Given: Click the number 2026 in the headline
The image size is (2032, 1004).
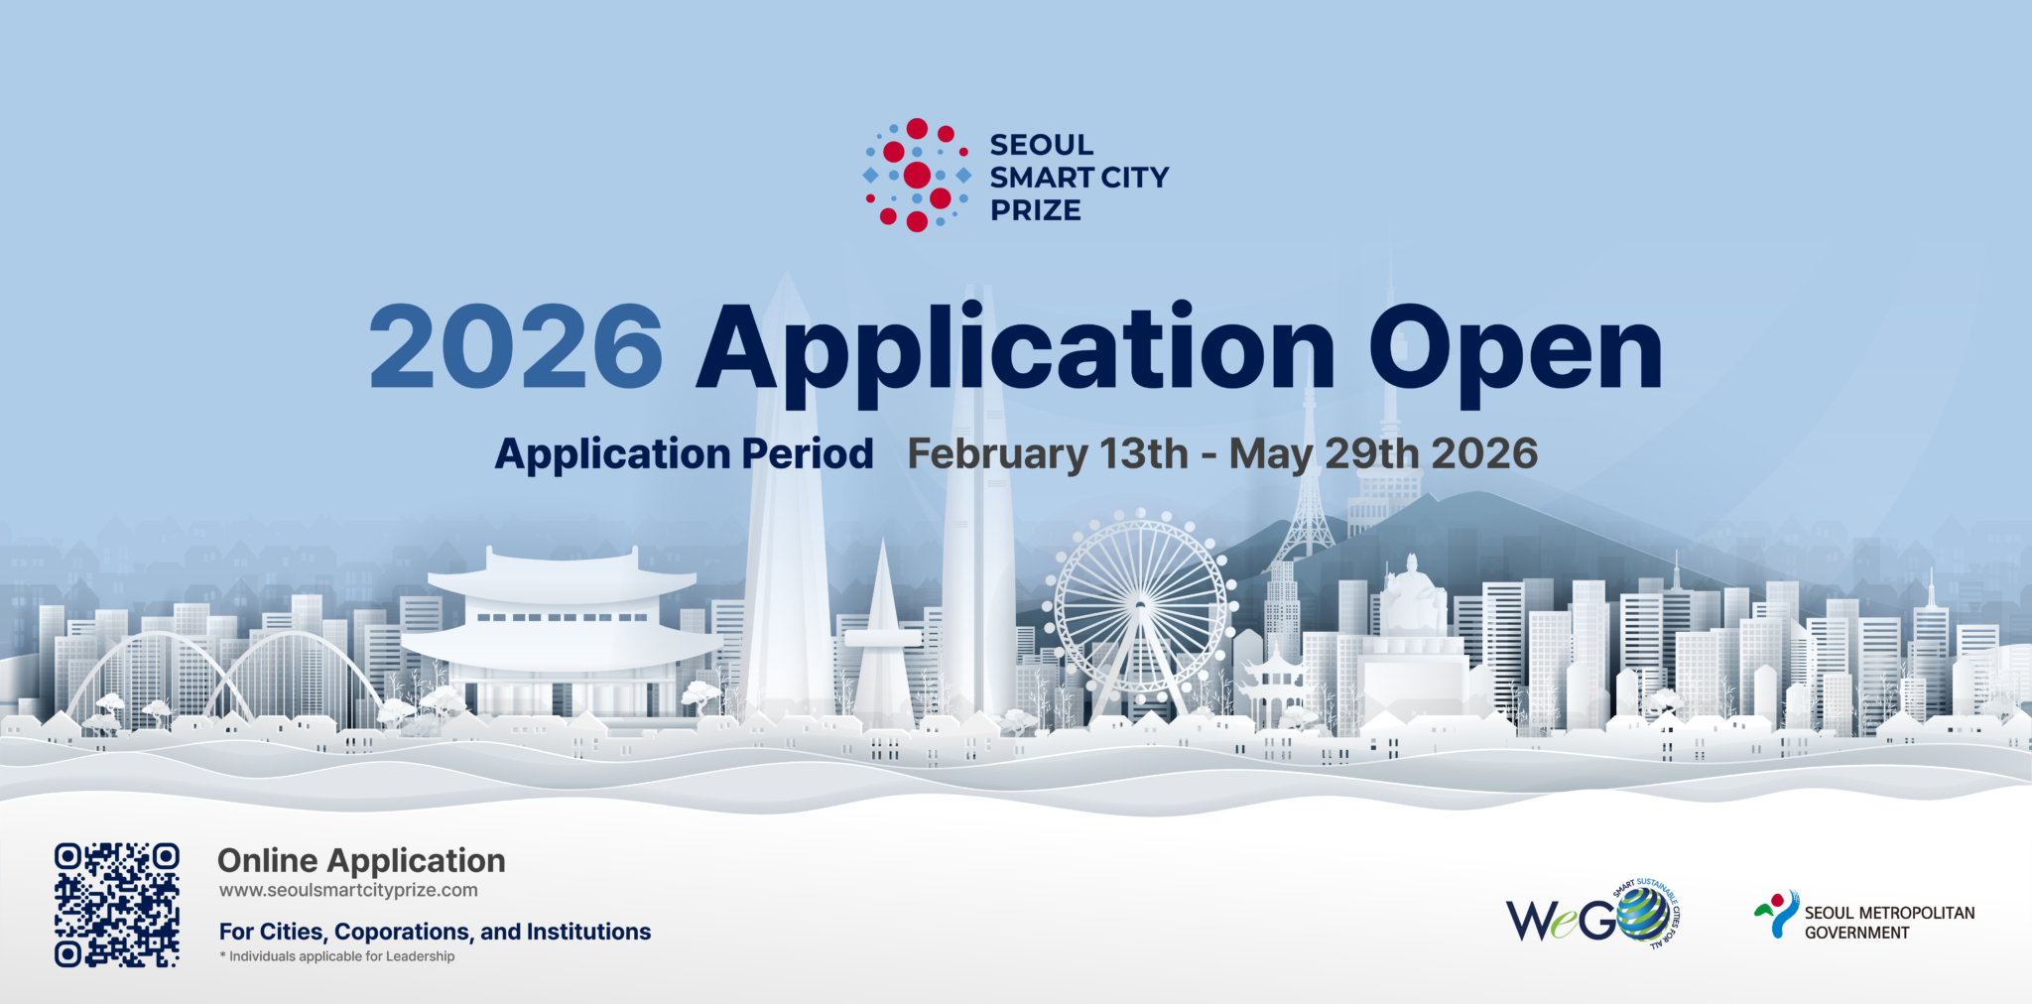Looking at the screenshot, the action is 516,346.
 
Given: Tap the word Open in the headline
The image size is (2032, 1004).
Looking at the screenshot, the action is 1515,352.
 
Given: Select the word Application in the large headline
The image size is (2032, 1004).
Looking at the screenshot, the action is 1016,352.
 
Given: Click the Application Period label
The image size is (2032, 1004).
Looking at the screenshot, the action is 684,454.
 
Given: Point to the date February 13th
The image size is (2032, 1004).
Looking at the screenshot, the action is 1048,453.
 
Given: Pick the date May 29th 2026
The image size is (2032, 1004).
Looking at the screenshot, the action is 1383,453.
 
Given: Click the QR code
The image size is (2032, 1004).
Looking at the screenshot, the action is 117,905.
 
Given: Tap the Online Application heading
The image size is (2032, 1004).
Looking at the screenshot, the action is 361,860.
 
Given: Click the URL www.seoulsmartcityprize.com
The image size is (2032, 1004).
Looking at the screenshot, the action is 348,890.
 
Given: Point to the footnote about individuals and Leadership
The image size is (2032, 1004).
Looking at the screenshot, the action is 337,956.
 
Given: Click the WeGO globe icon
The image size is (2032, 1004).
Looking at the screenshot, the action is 1643,914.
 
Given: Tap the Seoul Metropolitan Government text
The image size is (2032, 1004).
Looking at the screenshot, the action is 1889,923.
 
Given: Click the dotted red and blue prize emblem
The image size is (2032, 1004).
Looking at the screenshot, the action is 917,175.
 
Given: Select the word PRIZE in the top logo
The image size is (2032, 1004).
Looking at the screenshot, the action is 1036,210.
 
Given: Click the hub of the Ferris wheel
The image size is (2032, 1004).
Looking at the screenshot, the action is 1140,604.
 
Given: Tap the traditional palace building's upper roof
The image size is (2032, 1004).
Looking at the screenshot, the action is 563,579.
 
